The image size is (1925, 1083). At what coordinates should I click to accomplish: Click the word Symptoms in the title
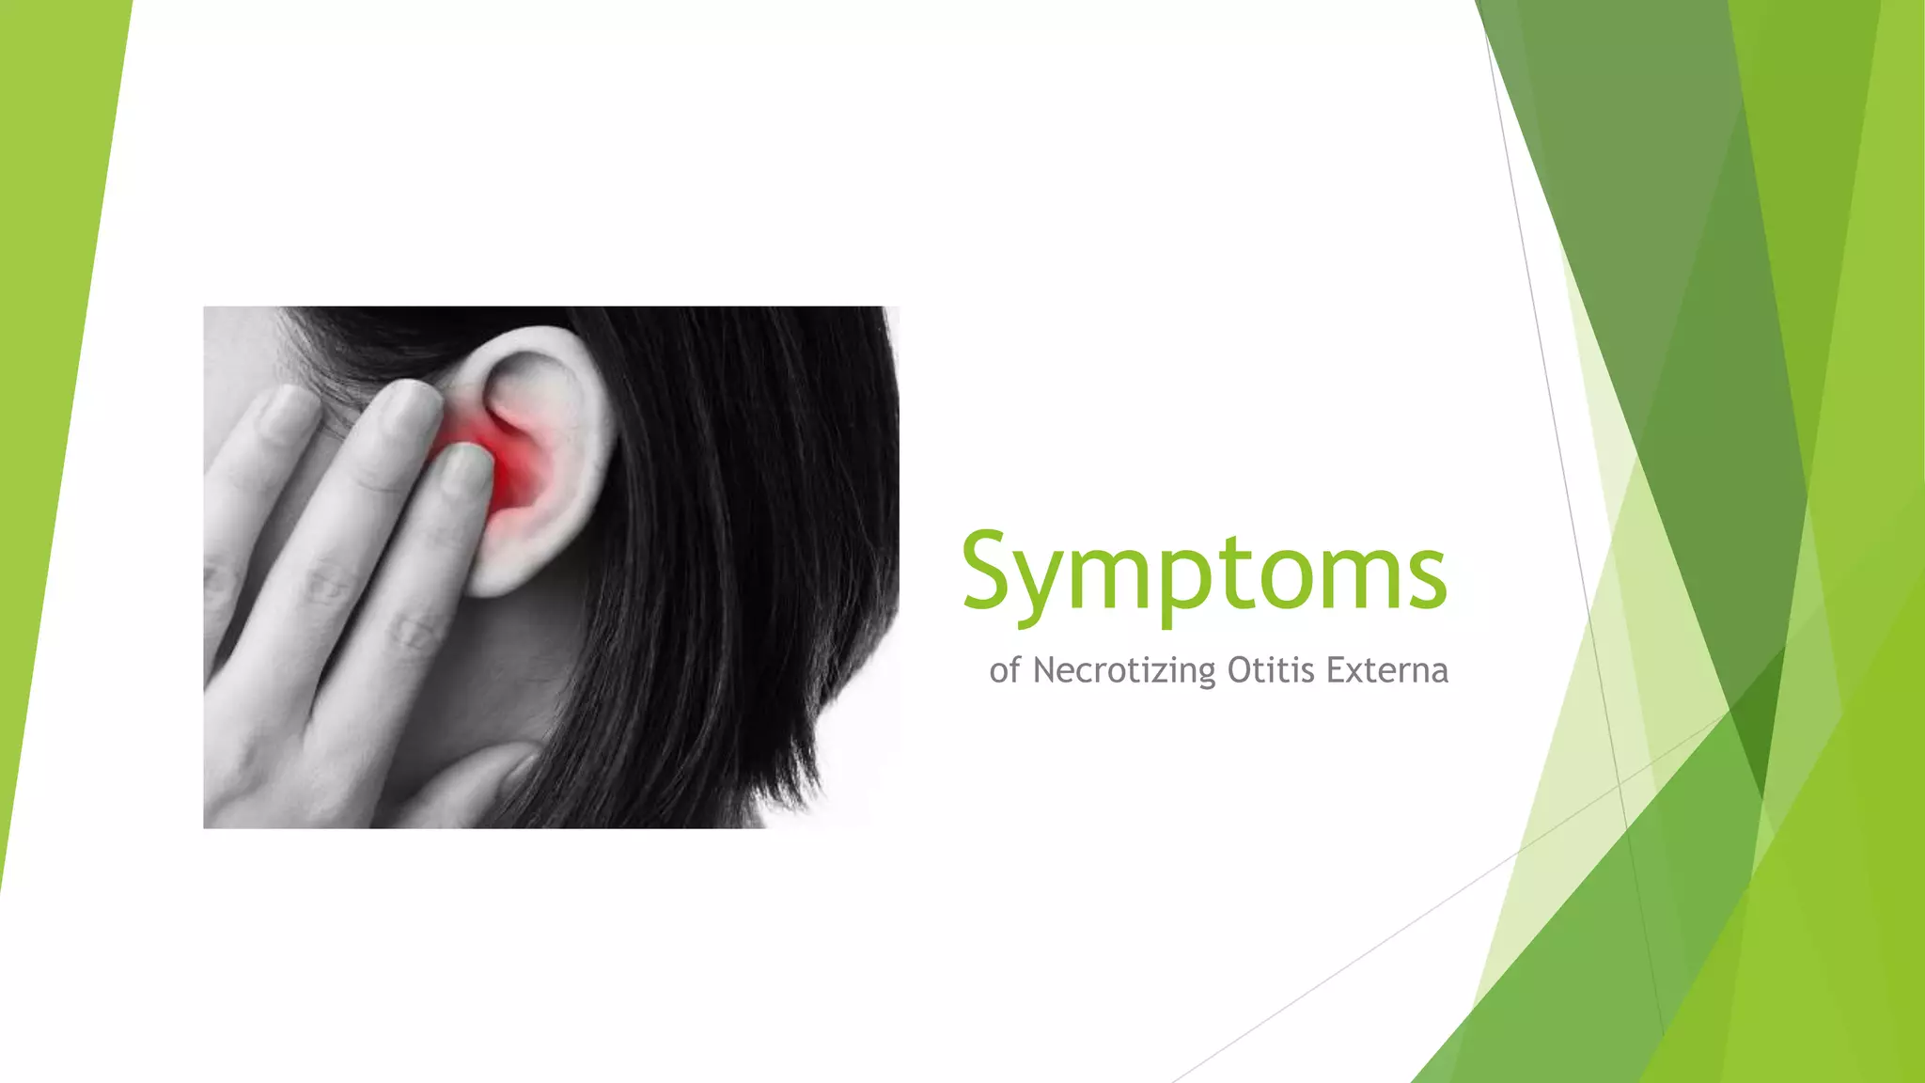[x=1203, y=572]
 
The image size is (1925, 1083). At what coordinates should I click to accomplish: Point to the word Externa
[x=1386, y=670]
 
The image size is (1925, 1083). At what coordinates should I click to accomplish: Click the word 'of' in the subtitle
[x=1004, y=670]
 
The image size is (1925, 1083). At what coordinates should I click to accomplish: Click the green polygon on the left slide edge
[x=47, y=376]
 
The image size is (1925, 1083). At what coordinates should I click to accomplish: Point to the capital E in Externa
[x=1336, y=670]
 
